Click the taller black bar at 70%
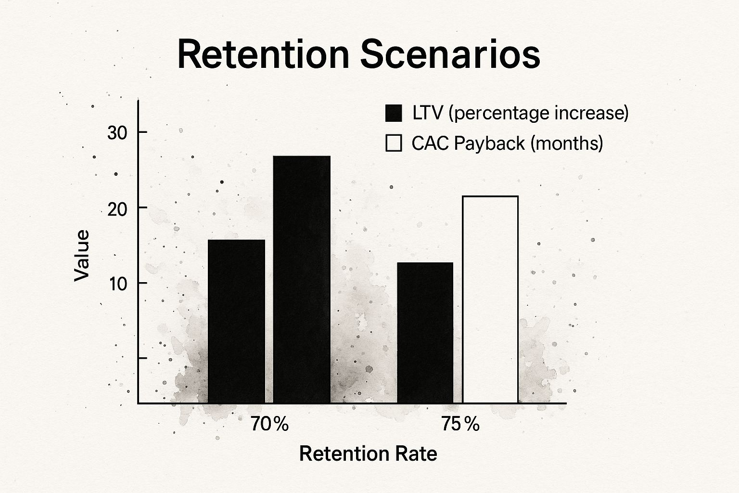302,279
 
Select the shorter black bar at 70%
236,321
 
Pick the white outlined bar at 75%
490,299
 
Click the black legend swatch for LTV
394,114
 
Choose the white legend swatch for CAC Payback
394,143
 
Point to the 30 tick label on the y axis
117,133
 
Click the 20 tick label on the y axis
117,208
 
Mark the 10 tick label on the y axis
117,284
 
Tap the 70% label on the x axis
269,424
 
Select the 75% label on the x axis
460,424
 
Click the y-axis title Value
82,255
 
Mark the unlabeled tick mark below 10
142,358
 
